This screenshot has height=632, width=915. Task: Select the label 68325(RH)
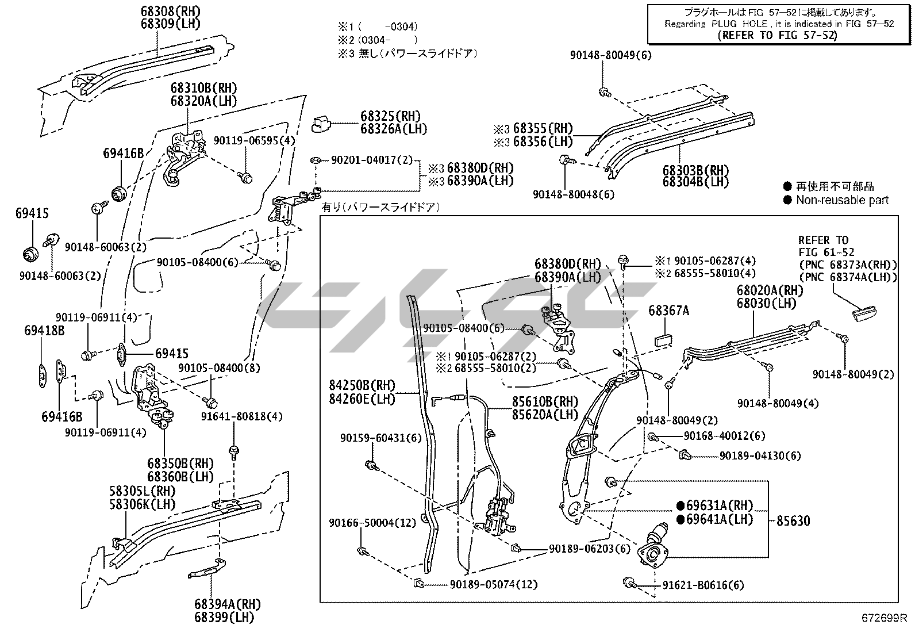pyautogui.click(x=390, y=116)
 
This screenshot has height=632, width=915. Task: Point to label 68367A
pyautogui.click(x=668, y=311)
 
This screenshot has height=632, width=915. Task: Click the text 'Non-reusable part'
pyautogui.click(x=842, y=200)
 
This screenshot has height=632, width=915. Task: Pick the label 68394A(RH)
pyautogui.click(x=227, y=604)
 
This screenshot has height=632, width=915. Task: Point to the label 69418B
pyautogui.click(x=44, y=331)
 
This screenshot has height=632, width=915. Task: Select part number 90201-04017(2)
pyautogui.click(x=372, y=160)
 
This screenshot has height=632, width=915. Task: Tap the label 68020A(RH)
pyautogui.click(x=770, y=291)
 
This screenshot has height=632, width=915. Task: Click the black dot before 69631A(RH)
pyautogui.click(x=681, y=506)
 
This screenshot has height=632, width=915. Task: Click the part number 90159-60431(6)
pyautogui.click(x=380, y=438)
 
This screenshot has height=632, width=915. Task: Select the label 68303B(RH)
pyautogui.click(x=695, y=170)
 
